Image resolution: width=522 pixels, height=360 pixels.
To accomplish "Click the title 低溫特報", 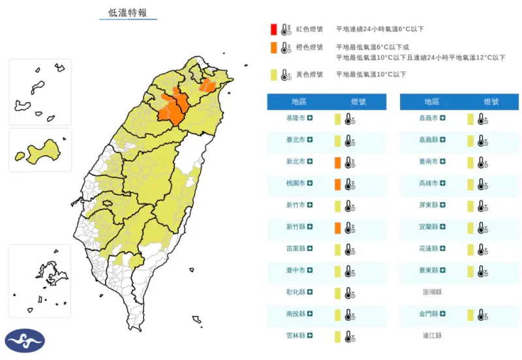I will [129, 13].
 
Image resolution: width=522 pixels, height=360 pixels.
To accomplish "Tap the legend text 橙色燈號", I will [310, 47].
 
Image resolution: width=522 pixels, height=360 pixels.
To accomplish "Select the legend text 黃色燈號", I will [310, 74].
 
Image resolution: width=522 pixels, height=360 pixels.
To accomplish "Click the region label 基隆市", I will [296, 118].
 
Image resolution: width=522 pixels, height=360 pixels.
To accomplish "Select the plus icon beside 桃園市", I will [311, 184].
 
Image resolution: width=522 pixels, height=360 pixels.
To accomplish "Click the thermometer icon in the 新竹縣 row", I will [350, 228].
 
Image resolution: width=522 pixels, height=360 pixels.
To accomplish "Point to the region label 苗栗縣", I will [296, 249].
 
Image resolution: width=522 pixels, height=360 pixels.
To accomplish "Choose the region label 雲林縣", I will [296, 337].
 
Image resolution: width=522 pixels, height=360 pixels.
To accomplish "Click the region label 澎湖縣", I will [431, 293].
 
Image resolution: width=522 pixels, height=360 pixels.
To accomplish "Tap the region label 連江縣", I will [431, 337].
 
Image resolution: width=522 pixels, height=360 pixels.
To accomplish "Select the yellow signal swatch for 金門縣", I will [470, 315].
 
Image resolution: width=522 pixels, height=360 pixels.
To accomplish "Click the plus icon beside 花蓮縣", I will [443, 249].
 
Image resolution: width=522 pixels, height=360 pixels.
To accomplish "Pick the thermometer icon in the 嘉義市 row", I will [482, 119].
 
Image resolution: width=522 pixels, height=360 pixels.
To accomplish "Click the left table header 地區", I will [299, 102].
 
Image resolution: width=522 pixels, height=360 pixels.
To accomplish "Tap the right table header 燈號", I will [491, 102].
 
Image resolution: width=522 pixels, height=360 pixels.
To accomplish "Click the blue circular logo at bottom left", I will [25, 340].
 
